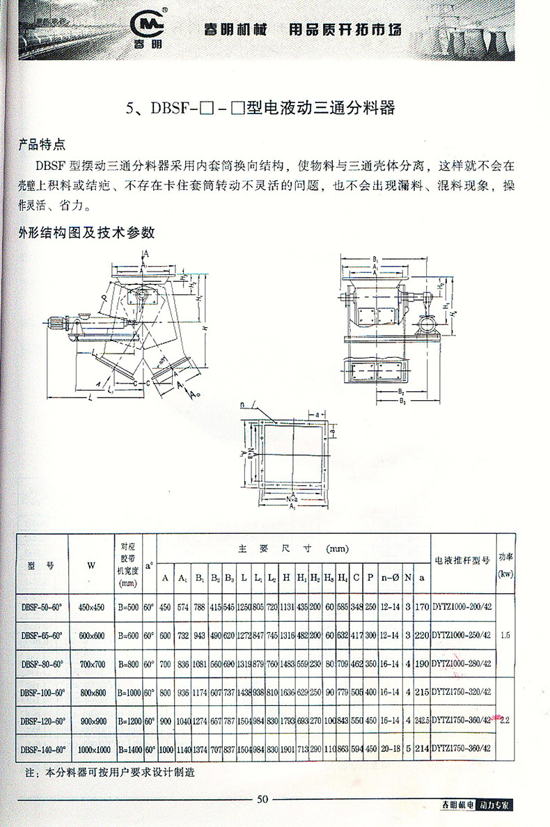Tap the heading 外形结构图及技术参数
point(86,232)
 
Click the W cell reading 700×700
point(91,663)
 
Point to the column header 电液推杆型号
point(462,558)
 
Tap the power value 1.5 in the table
point(505,636)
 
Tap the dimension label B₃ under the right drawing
point(401,402)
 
